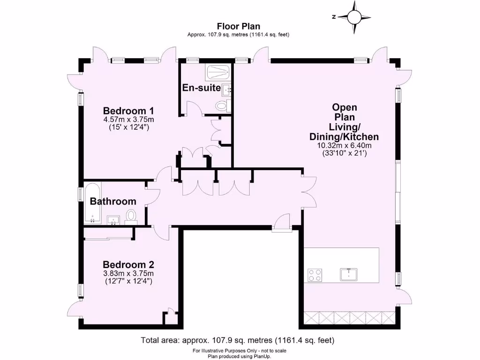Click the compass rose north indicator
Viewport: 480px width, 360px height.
(x=354, y=17)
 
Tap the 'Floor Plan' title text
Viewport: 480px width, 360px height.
(x=238, y=26)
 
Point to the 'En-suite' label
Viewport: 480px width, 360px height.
(x=201, y=88)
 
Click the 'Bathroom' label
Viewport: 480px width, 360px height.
(x=113, y=202)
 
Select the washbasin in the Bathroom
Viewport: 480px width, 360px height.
(x=113, y=219)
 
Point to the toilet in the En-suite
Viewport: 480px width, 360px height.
(x=222, y=106)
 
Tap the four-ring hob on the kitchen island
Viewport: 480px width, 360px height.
(x=314, y=275)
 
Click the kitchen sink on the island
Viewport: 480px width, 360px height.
(x=348, y=274)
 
